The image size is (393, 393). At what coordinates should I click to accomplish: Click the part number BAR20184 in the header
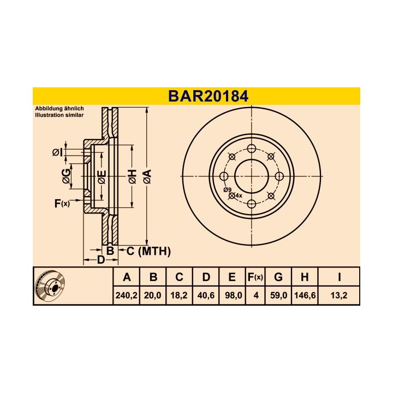[x=208, y=97]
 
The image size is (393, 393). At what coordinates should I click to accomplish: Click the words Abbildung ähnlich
[x=59, y=109]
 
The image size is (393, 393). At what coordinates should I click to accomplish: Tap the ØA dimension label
[x=146, y=176]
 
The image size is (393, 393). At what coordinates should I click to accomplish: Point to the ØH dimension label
[x=132, y=176]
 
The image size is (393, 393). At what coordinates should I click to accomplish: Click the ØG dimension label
[x=65, y=176]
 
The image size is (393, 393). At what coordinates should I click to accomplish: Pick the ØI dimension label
[x=58, y=152]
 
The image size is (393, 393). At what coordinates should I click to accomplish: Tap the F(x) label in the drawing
[x=62, y=204]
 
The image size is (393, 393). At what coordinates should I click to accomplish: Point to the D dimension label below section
[x=100, y=260]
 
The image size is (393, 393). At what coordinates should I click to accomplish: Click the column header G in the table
[x=278, y=277]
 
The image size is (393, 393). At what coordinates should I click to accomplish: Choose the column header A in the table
[x=127, y=277]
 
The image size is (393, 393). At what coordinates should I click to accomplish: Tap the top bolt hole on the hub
[x=251, y=148]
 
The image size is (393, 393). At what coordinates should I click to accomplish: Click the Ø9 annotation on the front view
[x=227, y=189]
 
